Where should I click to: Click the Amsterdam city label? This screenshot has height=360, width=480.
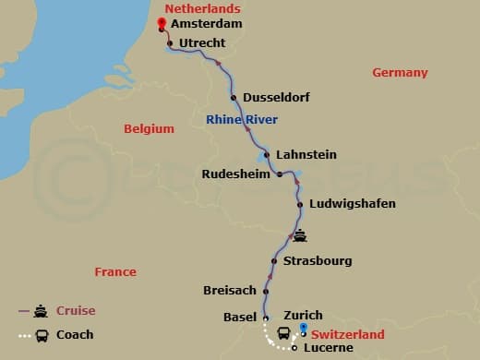208,25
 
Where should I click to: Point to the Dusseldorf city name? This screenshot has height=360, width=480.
275,98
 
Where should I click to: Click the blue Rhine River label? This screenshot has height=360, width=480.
242,119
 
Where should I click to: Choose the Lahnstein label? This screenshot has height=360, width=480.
306,154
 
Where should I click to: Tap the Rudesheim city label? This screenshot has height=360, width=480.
235,173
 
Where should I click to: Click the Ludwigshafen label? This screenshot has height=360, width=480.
353,204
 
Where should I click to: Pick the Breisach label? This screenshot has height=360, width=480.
229,291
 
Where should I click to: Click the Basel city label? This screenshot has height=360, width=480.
239,317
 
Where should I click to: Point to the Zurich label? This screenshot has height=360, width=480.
303,315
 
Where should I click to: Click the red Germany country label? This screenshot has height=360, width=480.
400,73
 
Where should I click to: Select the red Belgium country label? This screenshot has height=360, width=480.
149,129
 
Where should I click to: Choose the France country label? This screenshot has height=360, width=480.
115,271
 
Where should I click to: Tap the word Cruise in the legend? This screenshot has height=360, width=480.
76,311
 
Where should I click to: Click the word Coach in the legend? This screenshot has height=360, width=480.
75,335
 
